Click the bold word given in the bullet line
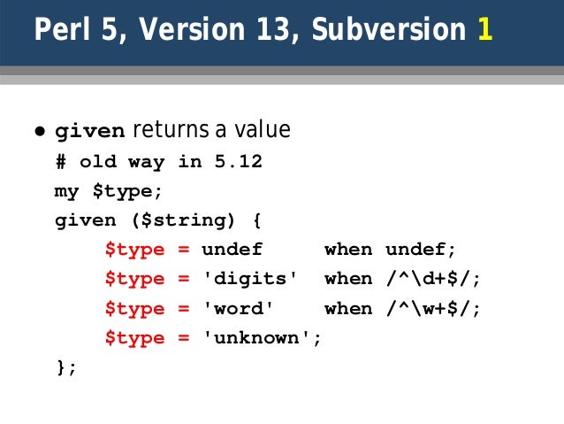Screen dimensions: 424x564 (90, 132)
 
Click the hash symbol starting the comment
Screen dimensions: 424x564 (60, 162)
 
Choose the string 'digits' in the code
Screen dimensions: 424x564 (250, 279)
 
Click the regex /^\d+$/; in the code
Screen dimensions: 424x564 (433, 279)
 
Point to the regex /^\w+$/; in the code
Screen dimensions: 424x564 (433, 308)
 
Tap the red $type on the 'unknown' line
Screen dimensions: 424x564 (134, 338)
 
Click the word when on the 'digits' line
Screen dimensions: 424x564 (348, 279)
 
